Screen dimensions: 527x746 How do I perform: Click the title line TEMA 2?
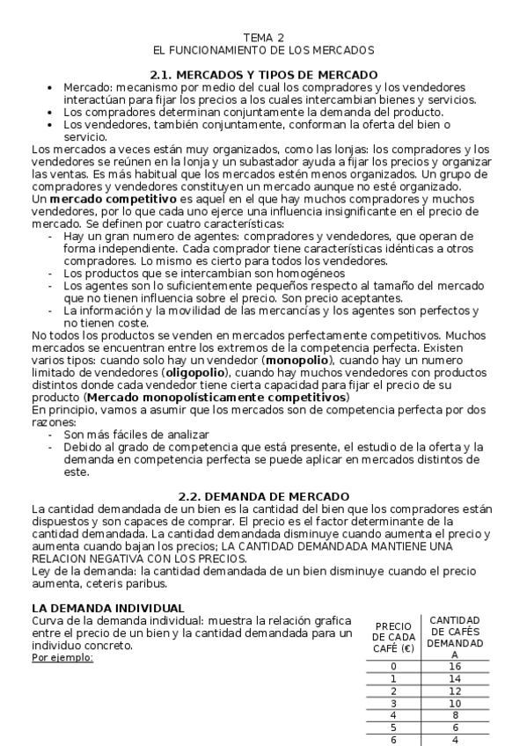(264, 39)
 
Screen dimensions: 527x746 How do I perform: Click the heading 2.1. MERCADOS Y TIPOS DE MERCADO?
(264, 75)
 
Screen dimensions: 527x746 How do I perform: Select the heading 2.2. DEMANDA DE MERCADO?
(264, 497)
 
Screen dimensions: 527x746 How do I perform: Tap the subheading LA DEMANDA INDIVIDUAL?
(108, 608)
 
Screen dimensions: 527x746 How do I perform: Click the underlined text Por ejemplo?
(62, 657)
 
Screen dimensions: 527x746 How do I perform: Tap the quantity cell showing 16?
(455, 667)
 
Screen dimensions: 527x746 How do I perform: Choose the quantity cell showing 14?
(455, 679)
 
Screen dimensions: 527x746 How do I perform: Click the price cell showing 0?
(392, 667)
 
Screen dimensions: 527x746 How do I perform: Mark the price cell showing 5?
(392, 728)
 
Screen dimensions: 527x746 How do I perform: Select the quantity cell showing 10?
(455, 704)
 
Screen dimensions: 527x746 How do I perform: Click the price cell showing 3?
(392, 704)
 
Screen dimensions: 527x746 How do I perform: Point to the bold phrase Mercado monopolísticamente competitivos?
(218, 398)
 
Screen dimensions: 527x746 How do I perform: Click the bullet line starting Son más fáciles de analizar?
(136, 435)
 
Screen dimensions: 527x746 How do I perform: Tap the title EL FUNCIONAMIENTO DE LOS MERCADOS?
(264, 51)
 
